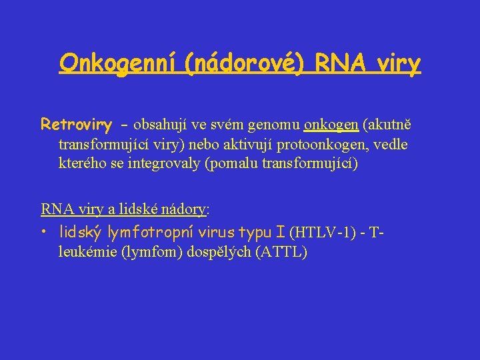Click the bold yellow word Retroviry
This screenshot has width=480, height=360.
pyautogui.click(x=76, y=125)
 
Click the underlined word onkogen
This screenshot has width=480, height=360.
pyautogui.click(x=331, y=125)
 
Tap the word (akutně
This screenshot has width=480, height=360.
pyautogui.click(x=386, y=125)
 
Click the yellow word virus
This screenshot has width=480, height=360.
pyautogui.click(x=218, y=232)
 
